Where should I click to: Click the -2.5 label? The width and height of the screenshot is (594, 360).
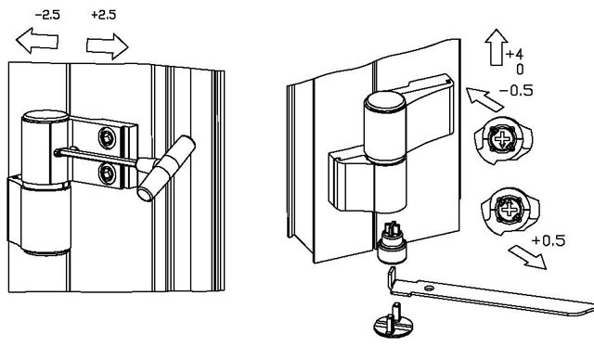pos(47,15)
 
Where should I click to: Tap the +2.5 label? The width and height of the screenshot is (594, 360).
pos(103,15)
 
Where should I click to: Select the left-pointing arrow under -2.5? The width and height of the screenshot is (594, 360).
pos(37,40)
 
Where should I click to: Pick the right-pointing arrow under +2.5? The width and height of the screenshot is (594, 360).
pos(108,46)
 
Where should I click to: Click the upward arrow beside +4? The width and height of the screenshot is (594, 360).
pos(497,47)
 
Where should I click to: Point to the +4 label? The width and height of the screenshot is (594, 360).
pos(514,55)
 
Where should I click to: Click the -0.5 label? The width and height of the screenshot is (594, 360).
pos(516,91)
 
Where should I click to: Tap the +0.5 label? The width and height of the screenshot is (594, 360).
pos(549,240)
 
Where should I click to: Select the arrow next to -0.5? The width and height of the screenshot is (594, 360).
pos(484,99)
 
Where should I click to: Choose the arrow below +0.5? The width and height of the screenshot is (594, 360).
pos(528,257)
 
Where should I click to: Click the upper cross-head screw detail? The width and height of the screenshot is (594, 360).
pos(503,140)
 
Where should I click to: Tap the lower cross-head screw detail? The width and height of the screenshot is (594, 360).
pos(510,210)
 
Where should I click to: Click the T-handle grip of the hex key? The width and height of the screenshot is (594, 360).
pos(167,168)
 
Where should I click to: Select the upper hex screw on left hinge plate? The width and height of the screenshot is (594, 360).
pos(107,138)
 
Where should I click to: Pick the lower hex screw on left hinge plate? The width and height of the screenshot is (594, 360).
pos(107,174)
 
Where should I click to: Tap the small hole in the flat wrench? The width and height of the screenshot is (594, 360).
pos(429,289)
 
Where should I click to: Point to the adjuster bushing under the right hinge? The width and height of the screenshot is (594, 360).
pos(392,244)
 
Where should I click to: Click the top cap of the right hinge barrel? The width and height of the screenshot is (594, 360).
pos(384,100)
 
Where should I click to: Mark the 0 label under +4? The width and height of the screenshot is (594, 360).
pos(520,70)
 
